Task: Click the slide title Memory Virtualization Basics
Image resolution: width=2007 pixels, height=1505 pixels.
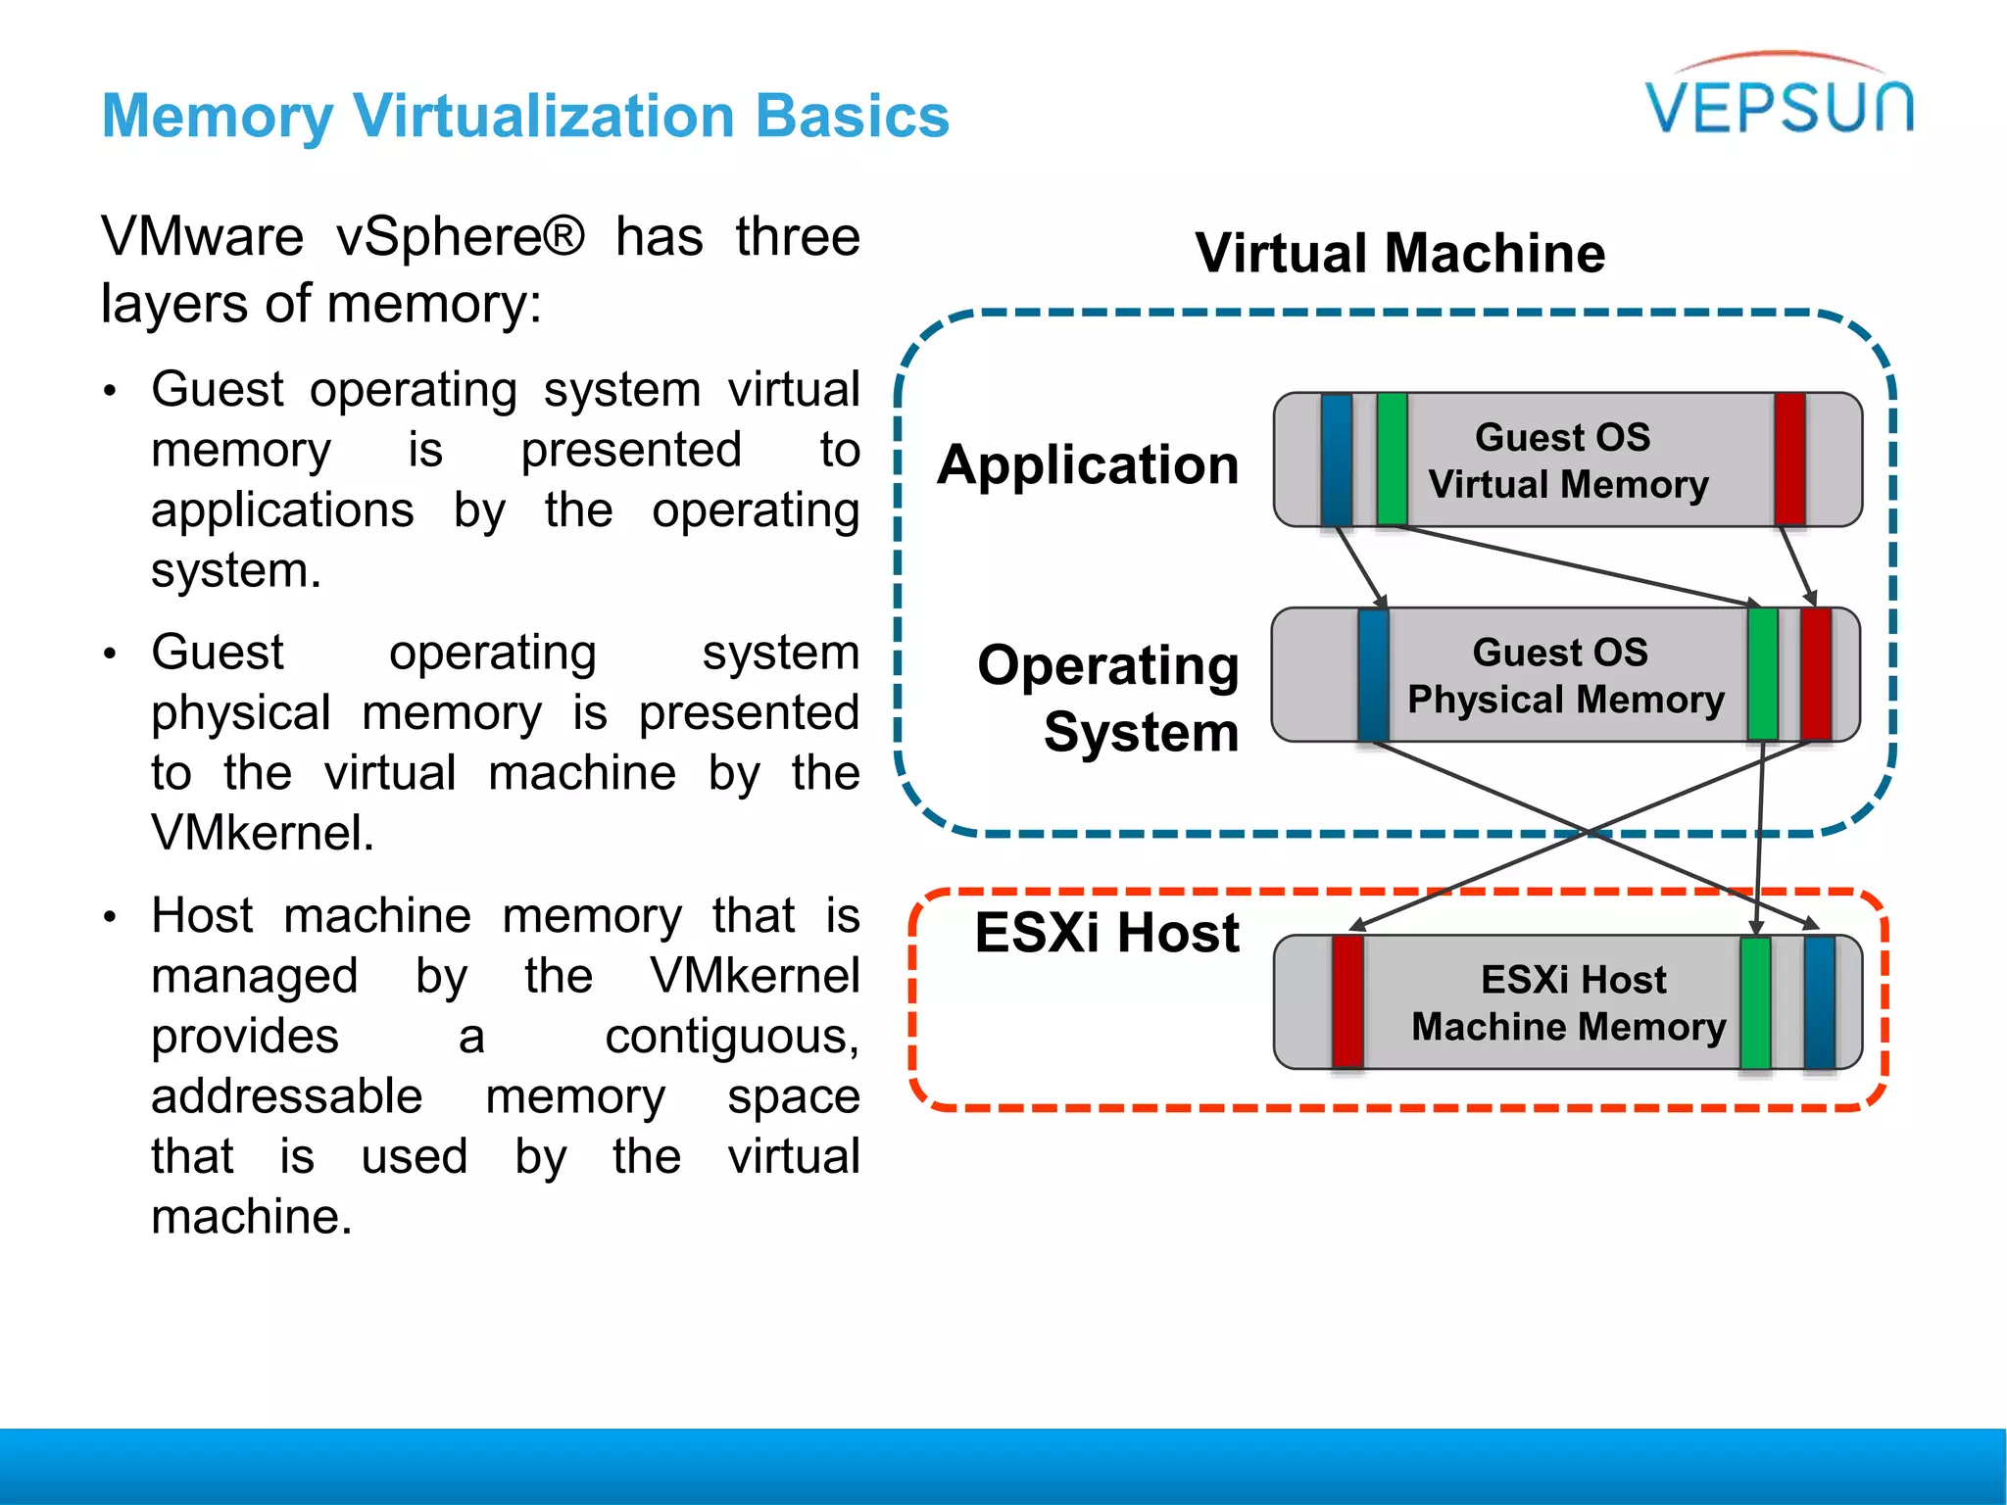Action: (525, 116)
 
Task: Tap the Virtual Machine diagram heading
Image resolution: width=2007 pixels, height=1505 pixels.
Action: (1399, 253)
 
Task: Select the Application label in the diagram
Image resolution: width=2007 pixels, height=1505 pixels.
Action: (1088, 463)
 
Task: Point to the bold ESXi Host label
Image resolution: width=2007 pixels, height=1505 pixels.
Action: (1107, 932)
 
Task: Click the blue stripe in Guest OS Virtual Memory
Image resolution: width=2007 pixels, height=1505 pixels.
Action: (1336, 460)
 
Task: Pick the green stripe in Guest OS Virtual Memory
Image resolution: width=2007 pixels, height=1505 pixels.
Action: (1392, 460)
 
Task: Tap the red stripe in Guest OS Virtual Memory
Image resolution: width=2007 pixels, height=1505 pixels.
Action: (1789, 460)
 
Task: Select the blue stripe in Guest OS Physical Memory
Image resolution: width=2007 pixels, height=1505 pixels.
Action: (1373, 674)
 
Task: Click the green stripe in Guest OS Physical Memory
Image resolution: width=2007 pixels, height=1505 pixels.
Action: (1762, 674)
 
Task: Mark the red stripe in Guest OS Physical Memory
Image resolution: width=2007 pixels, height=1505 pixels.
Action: (1816, 674)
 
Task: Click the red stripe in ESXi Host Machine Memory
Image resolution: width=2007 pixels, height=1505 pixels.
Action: (1347, 1001)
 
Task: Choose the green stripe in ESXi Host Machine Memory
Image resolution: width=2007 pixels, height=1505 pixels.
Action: (1755, 1001)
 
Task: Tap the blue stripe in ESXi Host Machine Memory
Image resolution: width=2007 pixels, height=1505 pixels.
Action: (1819, 1001)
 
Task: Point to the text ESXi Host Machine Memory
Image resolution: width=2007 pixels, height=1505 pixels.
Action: (1570, 1002)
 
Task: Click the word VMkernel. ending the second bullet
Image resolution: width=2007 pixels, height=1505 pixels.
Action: (263, 833)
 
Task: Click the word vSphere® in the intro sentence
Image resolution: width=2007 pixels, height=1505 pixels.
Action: (461, 238)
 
